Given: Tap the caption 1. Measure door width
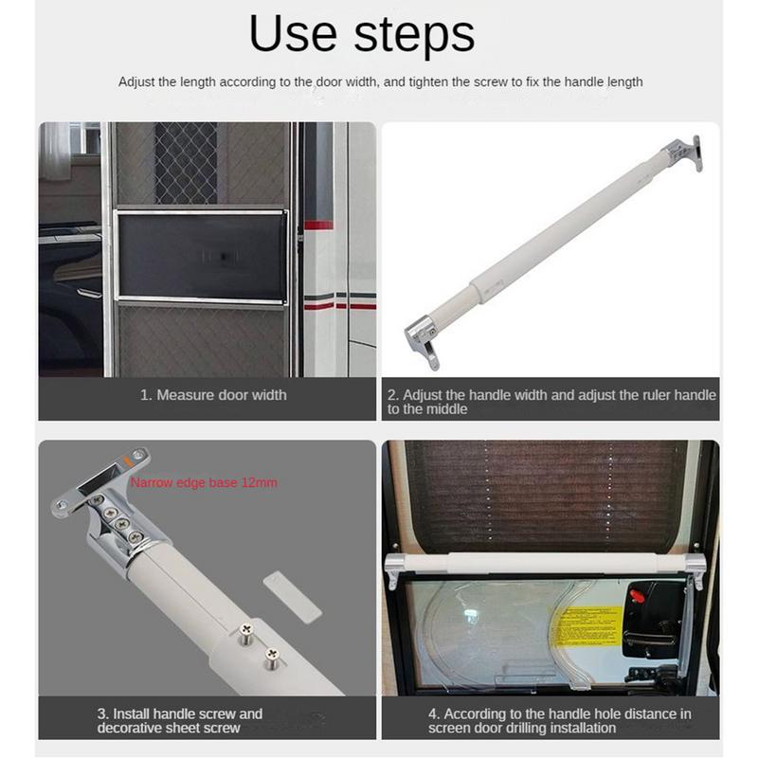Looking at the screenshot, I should pyautogui.click(x=213, y=395).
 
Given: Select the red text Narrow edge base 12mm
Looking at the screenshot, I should pyautogui.click(x=204, y=482).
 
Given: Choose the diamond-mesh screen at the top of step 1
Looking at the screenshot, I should pyautogui.click(x=186, y=162).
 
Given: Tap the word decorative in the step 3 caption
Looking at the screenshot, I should pyautogui.click(x=136, y=728).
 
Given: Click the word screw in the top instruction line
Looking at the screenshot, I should pyautogui.click(x=471, y=82).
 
